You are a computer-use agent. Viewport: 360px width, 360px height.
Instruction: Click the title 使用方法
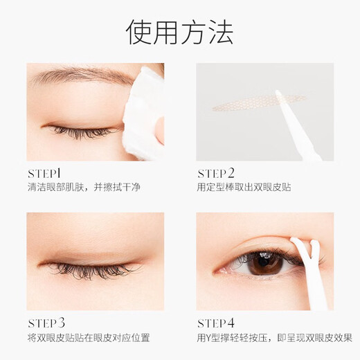(179, 31)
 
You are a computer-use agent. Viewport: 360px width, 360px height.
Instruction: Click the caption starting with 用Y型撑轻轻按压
(274, 338)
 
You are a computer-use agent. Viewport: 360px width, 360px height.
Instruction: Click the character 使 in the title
(139, 31)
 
